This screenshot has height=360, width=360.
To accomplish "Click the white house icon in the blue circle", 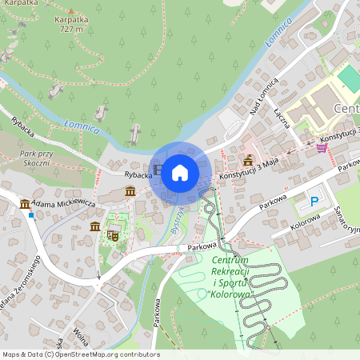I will pyautogui.click(x=180, y=172).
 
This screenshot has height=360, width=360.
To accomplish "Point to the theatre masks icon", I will pyautogui.click(x=113, y=235).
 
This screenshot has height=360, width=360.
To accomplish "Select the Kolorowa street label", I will pyautogui.click(x=306, y=225).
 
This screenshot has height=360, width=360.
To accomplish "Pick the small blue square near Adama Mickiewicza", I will pyautogui.click(x=30, y=214).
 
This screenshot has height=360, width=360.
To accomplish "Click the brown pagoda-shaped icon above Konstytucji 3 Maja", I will pyautogui.click(x=249, y=158).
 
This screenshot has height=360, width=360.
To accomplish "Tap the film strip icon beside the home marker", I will pyautogui.click(x=158, y=170).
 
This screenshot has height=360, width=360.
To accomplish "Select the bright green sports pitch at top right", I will pyautogui.click(x=349, y=78).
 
